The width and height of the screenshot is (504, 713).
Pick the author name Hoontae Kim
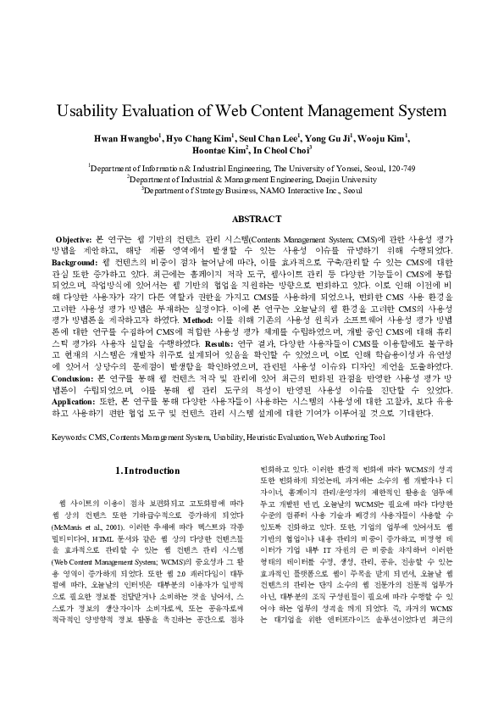pyautogui.click(x=224, y=150)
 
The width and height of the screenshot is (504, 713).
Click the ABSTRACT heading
pyautogui.click(x=252, y=219)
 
